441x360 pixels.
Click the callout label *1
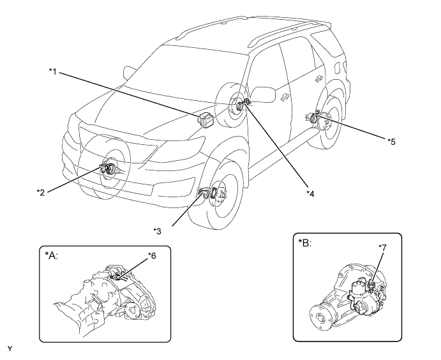tap(52, 71)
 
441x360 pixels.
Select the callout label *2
tap(41, 192)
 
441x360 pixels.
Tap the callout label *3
tap(157, 231)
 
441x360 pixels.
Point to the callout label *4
tap(310, 193)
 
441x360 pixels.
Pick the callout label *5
tap(391, 142)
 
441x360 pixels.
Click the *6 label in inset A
tap(152, 256)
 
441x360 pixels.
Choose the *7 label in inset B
tap(382, 247)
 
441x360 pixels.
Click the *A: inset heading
tap(51, 255)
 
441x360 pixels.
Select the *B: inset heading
tap(305, 243)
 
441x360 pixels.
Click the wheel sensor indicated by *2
tap(108, 169)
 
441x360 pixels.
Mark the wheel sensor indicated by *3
tap(204, 193)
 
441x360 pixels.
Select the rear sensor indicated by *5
tap(314, 117)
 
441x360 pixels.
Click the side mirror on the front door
tap(263, 94)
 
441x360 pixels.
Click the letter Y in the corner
tap(10, 349)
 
